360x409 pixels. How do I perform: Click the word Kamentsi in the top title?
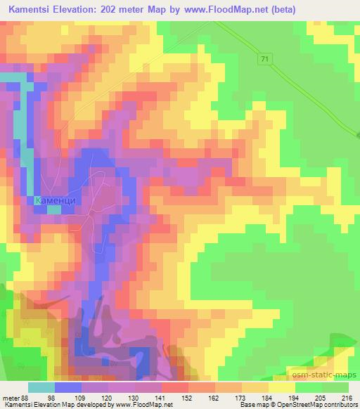(30, 10)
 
